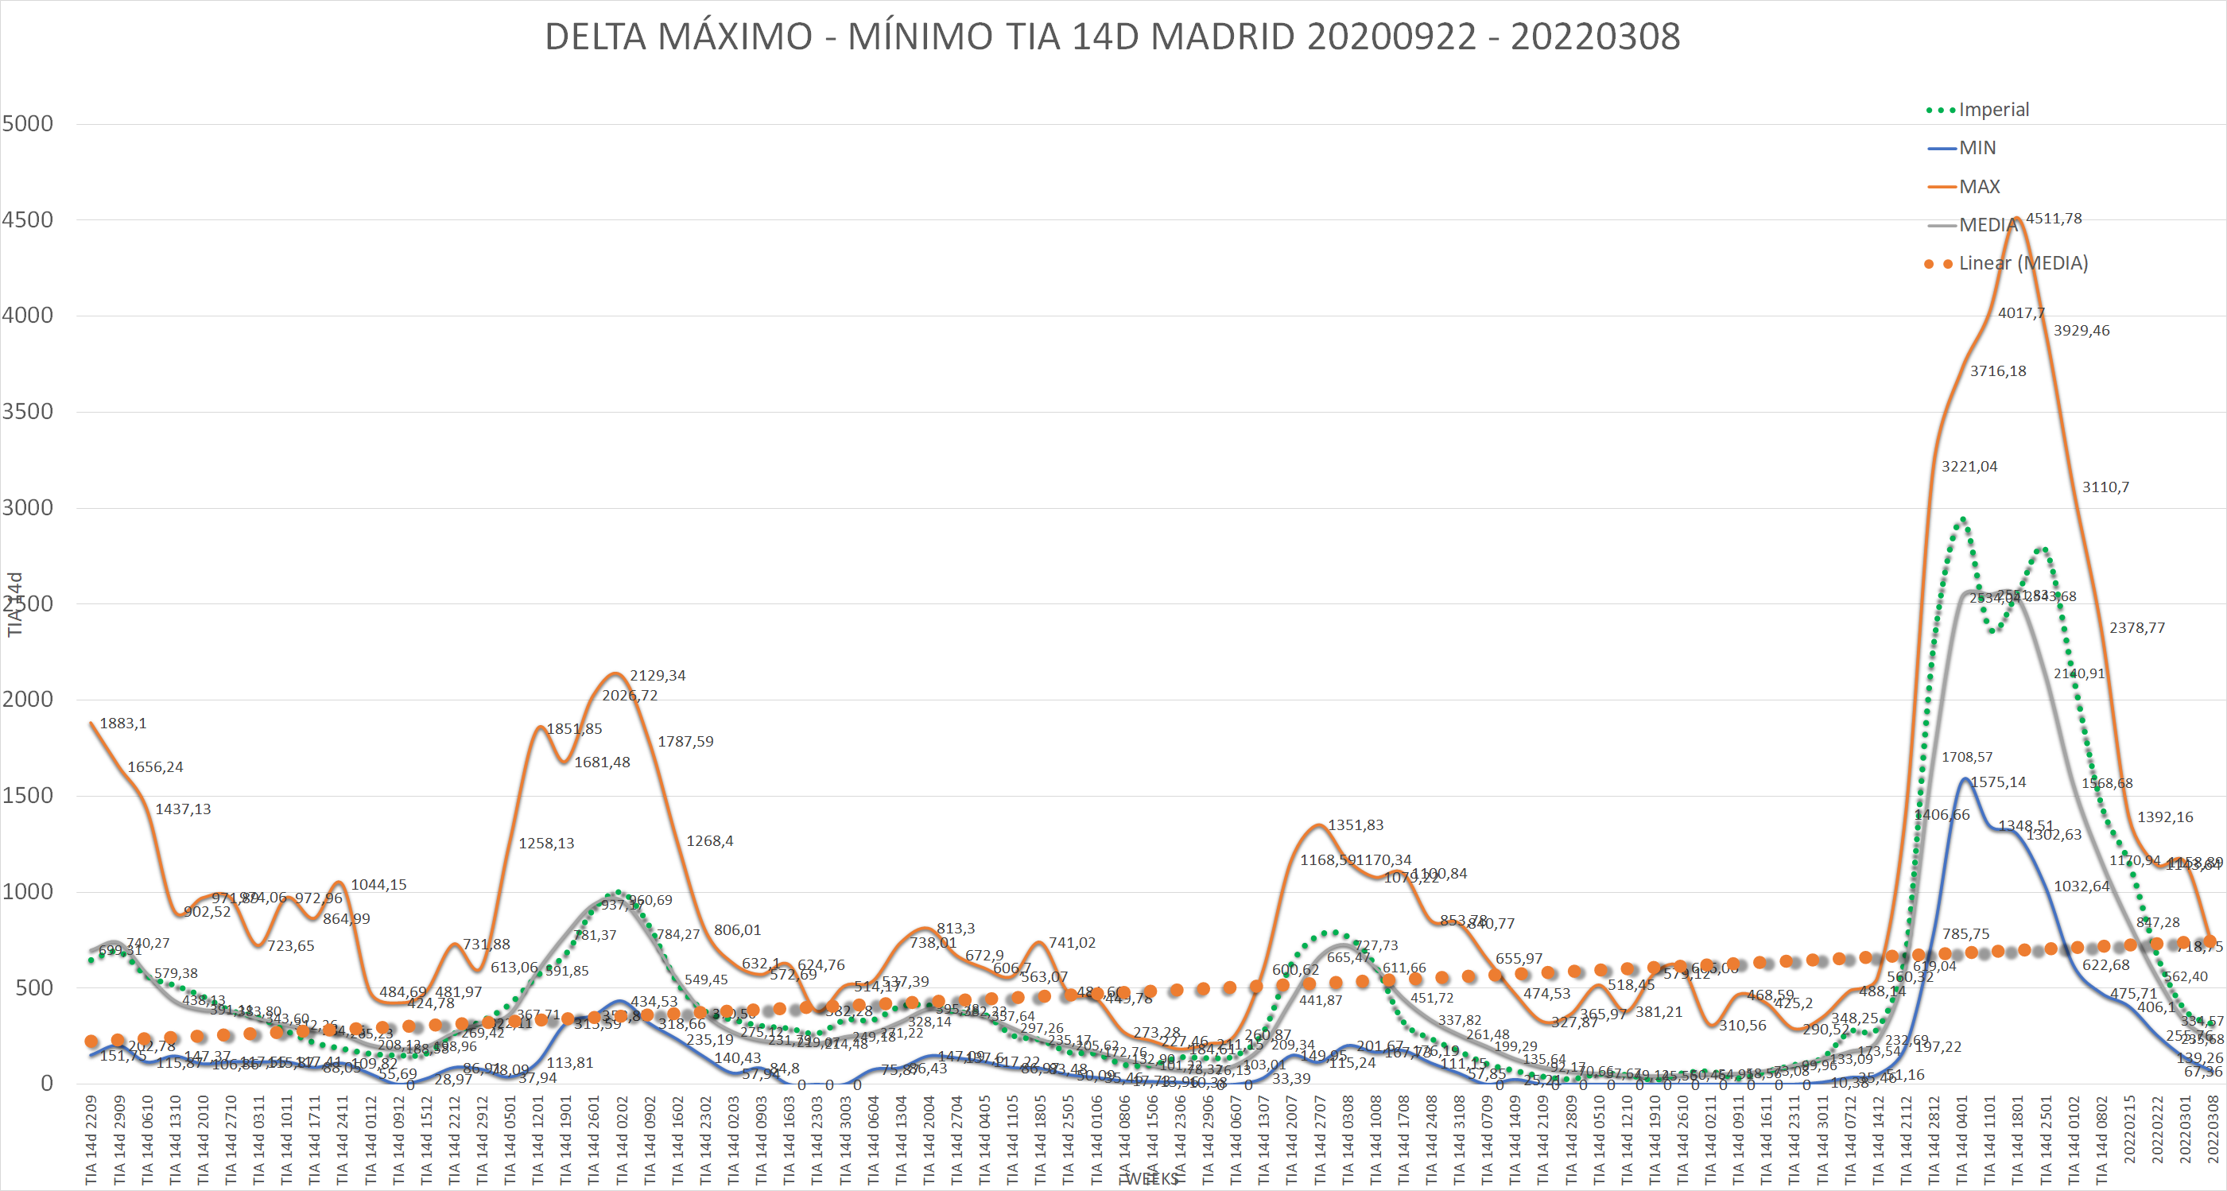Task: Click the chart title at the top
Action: click(1112, 37)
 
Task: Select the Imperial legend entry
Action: click(1992, 110)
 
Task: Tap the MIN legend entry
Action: click(1977, 148)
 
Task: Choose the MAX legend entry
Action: click(1978, 187)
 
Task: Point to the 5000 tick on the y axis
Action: click(28, 123)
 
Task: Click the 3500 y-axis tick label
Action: click(28, 411)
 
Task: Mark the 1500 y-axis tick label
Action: click(28, 795)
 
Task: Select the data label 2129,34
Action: click(657, 676)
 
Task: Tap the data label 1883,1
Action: click(122, 724)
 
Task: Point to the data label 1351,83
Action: click(1355, 825)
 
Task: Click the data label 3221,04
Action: click(1969, 467)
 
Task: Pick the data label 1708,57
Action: click(1967, 757)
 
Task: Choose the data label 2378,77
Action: click(2137, 628)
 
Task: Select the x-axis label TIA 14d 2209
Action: click(91, 1140)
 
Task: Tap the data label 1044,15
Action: click(378, 885)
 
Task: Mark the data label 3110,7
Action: click(2105, 487)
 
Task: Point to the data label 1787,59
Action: click(685, 742)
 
